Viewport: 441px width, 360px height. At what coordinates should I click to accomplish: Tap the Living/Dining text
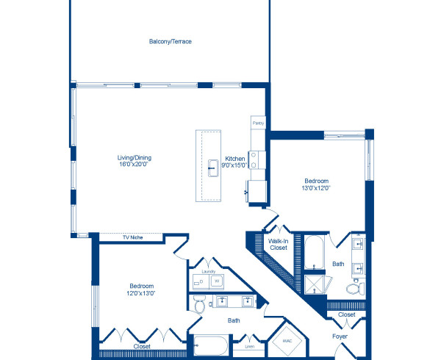click(x=135, y=157)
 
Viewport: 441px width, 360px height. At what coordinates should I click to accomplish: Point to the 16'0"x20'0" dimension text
click(x=135, y=165)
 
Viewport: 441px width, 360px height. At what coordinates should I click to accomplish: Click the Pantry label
click(x=258, y=123)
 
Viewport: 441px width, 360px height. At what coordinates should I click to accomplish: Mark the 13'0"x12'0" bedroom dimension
click(x=317, y=188)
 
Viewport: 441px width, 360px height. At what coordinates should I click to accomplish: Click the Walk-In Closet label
click(x=277, y=245)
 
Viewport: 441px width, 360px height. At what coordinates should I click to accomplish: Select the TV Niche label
click(x=132, y=237)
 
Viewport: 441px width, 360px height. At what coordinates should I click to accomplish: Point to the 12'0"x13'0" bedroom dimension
click(x=142, y=293)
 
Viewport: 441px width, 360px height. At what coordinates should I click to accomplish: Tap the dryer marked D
click(x=201, y=282)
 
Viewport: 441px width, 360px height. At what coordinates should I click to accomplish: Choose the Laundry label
click(x=208, y=271)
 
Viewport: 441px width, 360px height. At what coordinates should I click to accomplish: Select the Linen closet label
click(x=250, y=345)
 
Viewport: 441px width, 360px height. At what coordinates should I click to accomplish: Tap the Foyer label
click(x=339, y=336)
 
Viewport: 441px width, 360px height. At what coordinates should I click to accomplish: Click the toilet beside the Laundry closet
click(x=199, y=303)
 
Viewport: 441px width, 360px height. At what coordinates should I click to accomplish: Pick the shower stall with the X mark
click(x=316, y=284)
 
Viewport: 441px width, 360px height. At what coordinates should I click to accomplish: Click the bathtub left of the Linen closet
click(x=214, y=345)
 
